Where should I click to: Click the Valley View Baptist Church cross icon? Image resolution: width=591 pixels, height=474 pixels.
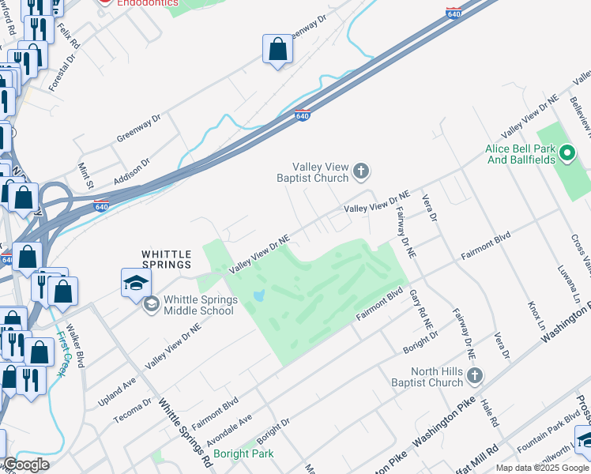pos(361,171)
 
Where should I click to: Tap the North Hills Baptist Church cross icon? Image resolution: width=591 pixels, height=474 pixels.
pos(474,376)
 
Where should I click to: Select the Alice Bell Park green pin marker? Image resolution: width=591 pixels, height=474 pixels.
pos(566,152)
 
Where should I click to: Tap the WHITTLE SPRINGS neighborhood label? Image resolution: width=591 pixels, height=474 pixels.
pos(167,259)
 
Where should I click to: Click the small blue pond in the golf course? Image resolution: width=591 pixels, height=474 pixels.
pos(258,297)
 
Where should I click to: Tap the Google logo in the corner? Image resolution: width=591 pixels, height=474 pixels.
pos(27,465)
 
